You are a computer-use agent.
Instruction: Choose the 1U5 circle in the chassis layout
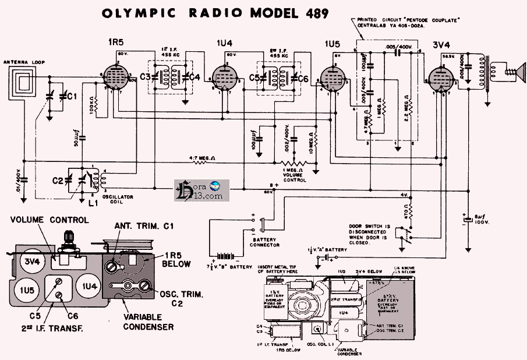pos(27,290)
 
